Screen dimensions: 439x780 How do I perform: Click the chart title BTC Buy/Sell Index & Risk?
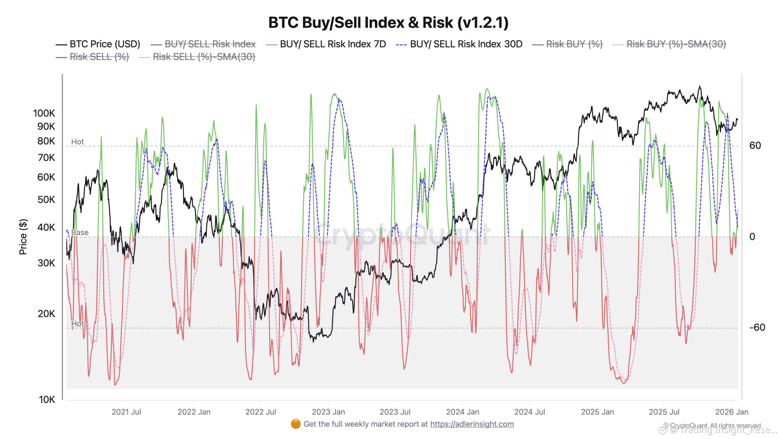[x=388, y=22]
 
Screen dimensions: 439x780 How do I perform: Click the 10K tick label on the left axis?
[x=47, y=399]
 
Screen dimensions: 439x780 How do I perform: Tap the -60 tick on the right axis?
[x=757, y=328]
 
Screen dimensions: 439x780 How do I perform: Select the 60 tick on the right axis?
[x=755, y=146]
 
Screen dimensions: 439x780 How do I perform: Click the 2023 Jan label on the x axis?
[x=328, y=412]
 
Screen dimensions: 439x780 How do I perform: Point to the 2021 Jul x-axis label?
[x=126, y=412]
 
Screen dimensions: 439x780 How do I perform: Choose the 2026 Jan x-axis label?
[x=732, y=412]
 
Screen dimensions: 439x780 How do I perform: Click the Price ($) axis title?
[x=23, y=237]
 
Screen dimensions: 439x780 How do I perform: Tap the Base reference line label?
[x=80, y=232]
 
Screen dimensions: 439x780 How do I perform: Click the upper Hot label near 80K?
[x=77, y=142]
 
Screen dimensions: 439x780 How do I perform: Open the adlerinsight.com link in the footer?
[x=472, y=424]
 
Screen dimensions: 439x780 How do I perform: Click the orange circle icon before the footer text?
[x=296, y=424]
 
